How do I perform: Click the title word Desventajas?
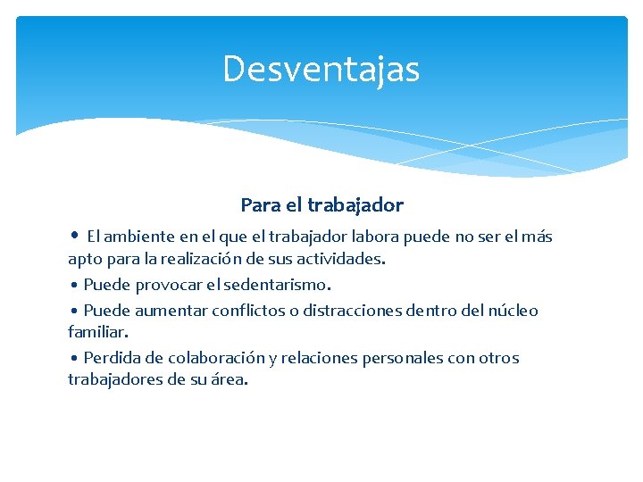321,70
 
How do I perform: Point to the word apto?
84,260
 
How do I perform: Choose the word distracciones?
357,312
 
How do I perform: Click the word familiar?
97,332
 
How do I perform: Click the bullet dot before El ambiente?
75,237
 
